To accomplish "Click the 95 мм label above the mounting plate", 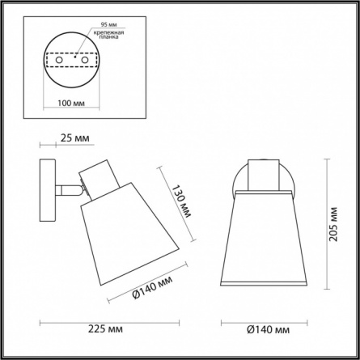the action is pyautogui.click(x=109, y=24).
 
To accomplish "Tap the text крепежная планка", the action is pyautogui.click(x=109, y=35).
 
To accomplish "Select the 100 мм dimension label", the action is pyautogui.click(x=71, y=103).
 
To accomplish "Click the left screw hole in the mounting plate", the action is pyautogui.click(x=59, y=60).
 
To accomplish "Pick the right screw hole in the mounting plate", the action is pyautogui.click(x=85, y=60).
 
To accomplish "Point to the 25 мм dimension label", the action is pyautogui.click(x=74, y=138).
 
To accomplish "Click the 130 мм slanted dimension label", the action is pyautogui.click(x=181, y=201).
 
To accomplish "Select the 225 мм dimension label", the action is pyautogui.click(x=105, y=329).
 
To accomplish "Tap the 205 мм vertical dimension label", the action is pyautogui.click(x=333, y=224).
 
